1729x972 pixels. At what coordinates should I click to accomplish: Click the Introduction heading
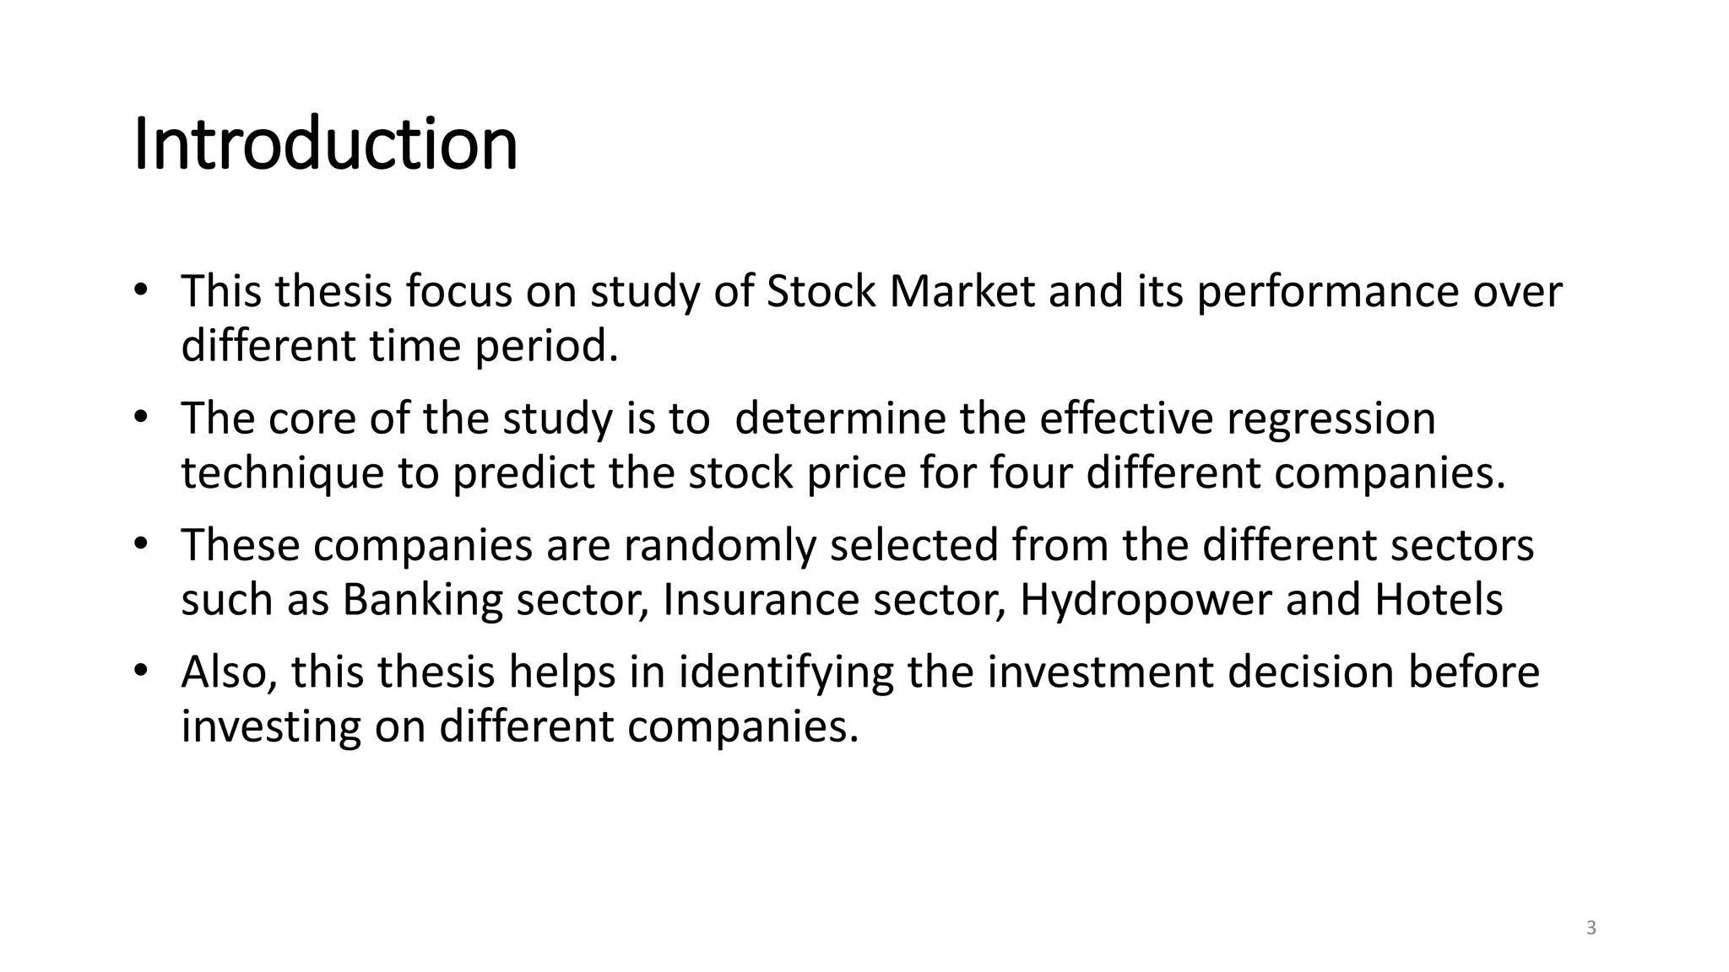[326, 144]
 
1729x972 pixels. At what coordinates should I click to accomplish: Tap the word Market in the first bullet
[962, 292]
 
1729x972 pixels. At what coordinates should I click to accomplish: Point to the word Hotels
[1439, 600]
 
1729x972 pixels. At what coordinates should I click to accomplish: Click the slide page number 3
[1591, 928]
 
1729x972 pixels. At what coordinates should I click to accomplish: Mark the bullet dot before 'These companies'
[141, 543]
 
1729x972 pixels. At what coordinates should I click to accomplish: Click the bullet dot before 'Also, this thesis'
[141, 670]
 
